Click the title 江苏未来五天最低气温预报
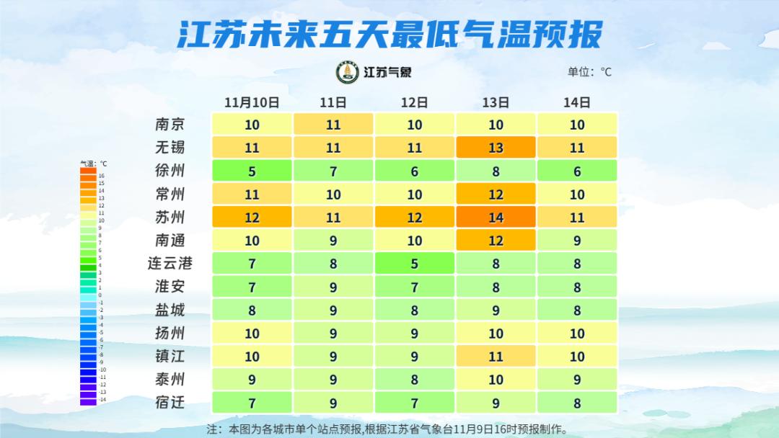[389, 34]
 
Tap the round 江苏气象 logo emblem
[348, 72]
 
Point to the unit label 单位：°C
[589, 71]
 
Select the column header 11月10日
[251, 102]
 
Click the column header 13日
[496, 102]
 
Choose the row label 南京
[170, 124]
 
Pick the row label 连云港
[170, 263]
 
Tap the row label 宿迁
[170, 402]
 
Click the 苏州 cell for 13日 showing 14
[496, 217]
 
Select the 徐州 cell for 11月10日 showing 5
[252, 171]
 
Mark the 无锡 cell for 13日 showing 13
[496, 148]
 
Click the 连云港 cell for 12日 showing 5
[414, 264]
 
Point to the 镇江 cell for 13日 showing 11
[496, 356]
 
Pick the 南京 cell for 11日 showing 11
[333, 125]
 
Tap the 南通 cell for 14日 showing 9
[577, 241]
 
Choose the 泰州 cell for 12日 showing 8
[414, 379]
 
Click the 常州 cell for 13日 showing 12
[496, 194]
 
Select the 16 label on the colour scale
[102, 176]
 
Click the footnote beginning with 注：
[388, 429]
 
